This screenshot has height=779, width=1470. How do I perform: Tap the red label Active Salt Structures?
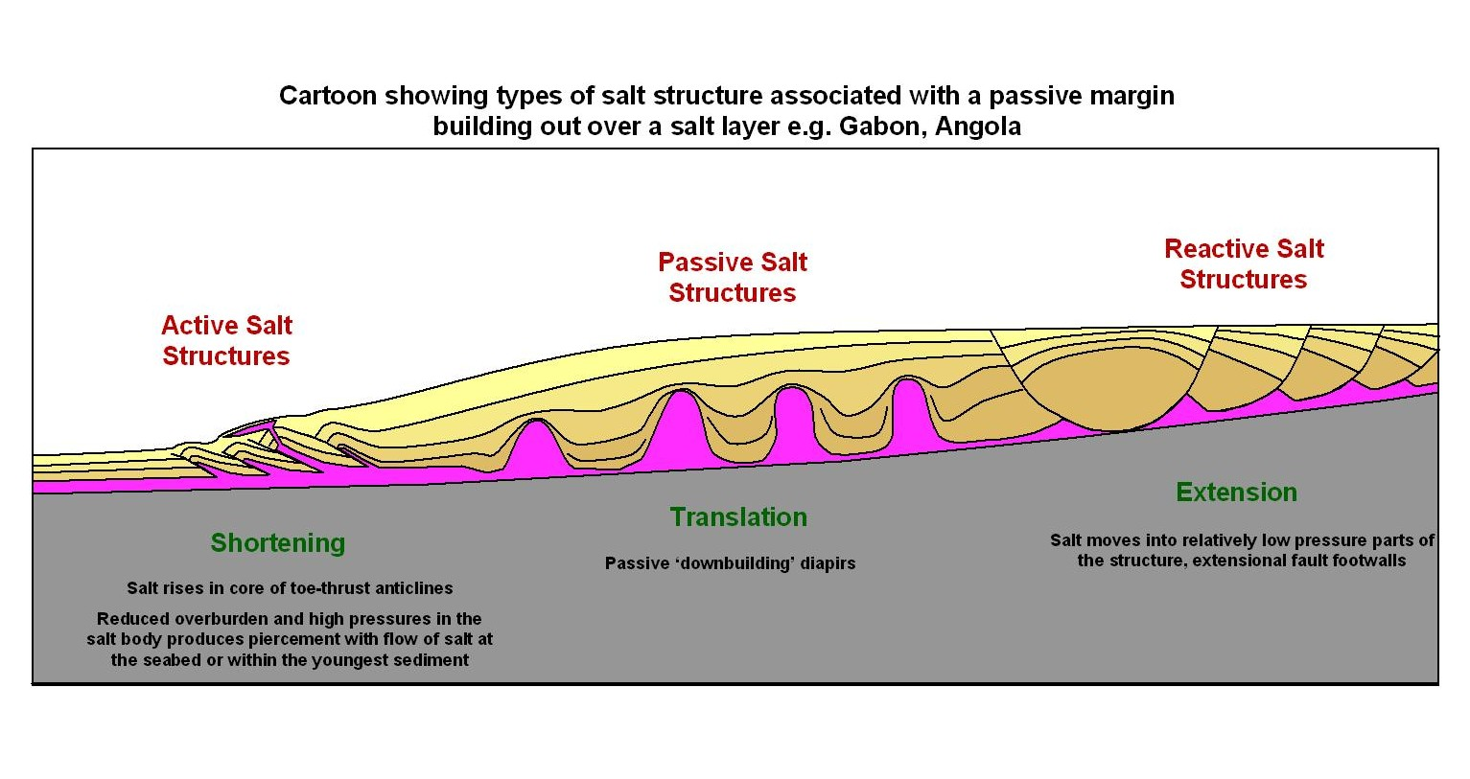pyautogui.click(x=226, y=341)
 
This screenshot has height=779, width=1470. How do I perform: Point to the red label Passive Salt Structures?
pyautogui.click(x=733, y=278)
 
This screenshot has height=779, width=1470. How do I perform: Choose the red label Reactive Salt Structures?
pyautogui.click(x=1244, y=264)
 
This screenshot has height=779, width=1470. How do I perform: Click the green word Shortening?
pyautogui.click(x=278, y=543)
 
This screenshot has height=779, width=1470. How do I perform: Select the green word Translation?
pyautogui.click(x=738, y=517)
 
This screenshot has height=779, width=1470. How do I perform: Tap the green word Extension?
pyautogui.click(x=1236, y=493)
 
